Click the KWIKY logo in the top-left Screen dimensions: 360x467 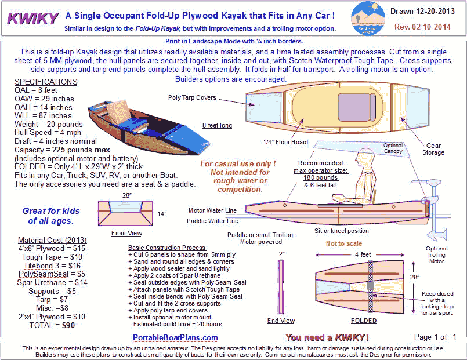tap(30, 19)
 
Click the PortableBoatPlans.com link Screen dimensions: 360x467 tap(175, 337)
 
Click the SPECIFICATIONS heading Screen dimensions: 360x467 tap(46, 82)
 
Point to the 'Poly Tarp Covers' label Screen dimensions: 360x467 tap(192, 98)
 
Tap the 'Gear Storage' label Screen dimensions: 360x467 tap(433, 149)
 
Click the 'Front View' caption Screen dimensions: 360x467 tap(126, 233)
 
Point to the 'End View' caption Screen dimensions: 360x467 tap(280, 321)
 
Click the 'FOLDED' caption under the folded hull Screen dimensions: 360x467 tap(364, 321)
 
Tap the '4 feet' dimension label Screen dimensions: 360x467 tap(364, 254)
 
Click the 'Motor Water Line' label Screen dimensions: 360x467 tap(213, 210)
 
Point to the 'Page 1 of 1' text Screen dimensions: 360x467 tap(436, 337)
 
